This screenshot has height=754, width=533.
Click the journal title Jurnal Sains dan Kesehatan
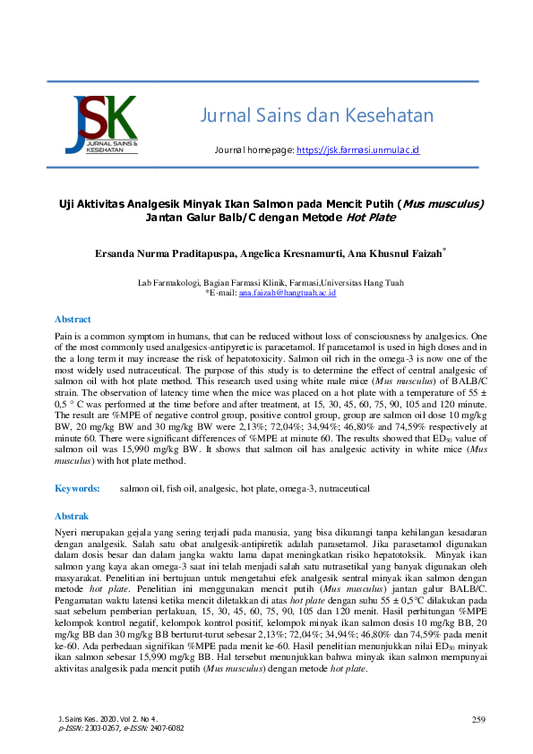tap(316, 116)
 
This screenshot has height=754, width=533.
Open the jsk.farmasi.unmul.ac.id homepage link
tap(357, 150)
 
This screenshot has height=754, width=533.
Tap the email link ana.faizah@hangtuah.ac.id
tap(287, 293)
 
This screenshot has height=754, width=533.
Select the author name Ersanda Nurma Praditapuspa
tap(165, 254)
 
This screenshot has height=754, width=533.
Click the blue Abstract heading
tap(73, 319)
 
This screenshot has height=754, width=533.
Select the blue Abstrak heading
tap(72, 517)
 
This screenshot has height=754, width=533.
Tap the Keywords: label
tap(77, 489)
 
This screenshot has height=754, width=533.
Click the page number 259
tap(478, 719)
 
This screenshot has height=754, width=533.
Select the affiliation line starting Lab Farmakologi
tap(270, 283)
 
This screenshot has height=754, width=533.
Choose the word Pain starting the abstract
tap(64, 334)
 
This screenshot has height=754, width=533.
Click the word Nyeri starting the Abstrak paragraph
tap(67, 532)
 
